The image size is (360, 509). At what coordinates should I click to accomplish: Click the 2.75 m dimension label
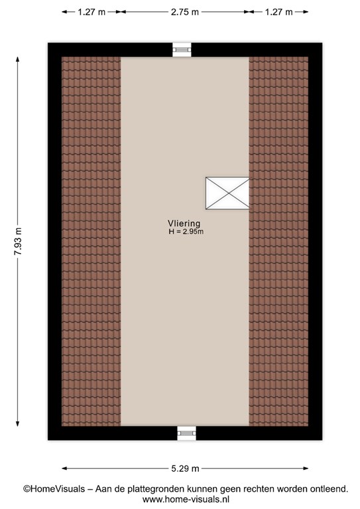point(185,12)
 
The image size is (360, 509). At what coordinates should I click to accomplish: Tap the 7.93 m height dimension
point(19,241)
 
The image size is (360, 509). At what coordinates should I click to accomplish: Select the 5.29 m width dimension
point(185,469)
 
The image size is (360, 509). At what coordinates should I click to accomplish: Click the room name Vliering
point(184,223)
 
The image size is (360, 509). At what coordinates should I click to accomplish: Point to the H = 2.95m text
point(186,231)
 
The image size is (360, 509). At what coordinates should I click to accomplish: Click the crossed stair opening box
point(227,193)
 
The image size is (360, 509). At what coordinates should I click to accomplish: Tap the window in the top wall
point(182,50)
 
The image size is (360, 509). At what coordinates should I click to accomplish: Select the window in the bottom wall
point(187,433)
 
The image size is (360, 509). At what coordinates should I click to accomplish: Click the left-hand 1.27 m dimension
point(91,12)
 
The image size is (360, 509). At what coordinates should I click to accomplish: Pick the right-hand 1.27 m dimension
point(279,12)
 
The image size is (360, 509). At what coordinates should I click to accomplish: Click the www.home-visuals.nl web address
point(186,499)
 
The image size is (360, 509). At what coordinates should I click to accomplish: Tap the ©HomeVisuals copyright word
point(54,489)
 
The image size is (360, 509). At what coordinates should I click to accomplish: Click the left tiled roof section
point(91,241)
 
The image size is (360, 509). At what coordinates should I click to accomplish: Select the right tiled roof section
point(278,241)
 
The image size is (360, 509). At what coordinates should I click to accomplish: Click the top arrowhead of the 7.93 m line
point(17,59)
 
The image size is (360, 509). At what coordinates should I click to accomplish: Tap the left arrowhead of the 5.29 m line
point(64,469)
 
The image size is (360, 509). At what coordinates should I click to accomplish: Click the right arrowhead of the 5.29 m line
point(306,469)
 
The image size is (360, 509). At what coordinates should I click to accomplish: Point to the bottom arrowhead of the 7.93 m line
point(17,424)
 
